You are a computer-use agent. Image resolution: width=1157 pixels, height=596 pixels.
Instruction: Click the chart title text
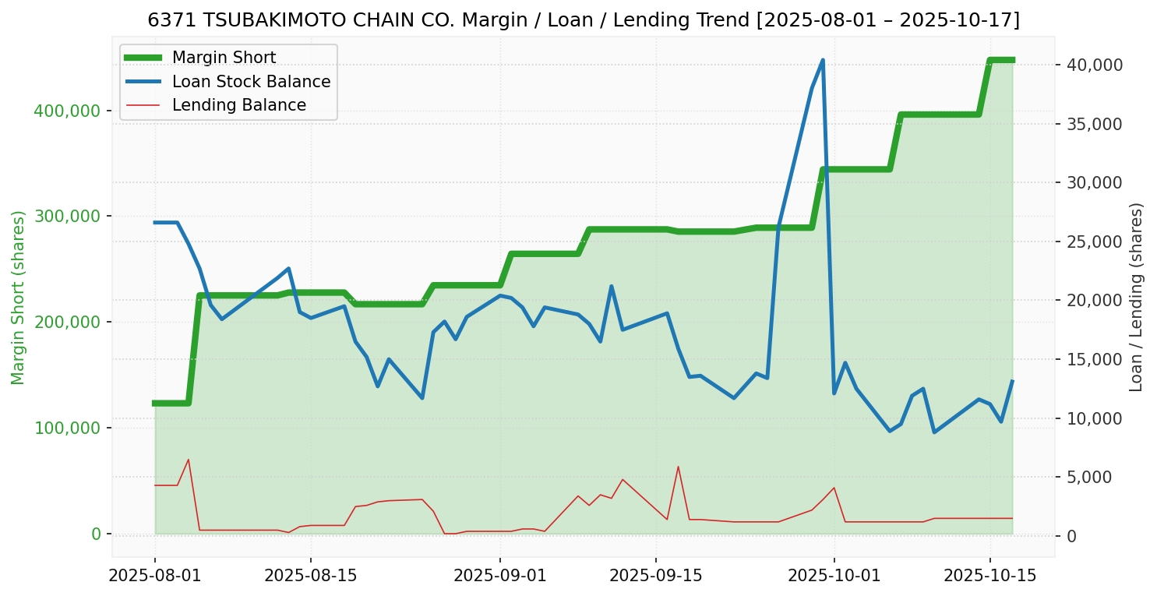point(583,20)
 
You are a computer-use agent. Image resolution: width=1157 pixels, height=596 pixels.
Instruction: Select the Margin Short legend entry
point(224,58)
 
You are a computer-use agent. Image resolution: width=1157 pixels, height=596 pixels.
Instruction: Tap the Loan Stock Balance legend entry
point(251,82)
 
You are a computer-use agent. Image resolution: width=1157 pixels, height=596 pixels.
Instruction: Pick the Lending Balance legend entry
point(238,105)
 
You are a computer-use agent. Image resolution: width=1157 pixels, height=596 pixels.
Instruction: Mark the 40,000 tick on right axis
point(1094,65)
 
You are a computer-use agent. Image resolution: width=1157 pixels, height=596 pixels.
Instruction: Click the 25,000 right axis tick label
point(1094,242)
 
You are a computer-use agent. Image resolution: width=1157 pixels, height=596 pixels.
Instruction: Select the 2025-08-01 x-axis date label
point(155,576)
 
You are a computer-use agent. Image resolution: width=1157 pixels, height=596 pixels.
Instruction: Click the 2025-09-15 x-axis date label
point(655,576)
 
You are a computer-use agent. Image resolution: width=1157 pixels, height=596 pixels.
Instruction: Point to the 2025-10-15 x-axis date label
point(989,576)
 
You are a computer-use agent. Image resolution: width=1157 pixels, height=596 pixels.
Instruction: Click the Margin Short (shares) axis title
point(19,298)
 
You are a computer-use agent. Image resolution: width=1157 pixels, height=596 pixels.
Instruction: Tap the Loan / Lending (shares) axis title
point(1136,298)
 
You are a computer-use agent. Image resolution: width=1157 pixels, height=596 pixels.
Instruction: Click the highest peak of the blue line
point(823,60)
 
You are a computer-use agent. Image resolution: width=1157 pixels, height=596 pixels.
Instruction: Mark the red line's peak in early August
point(189,460)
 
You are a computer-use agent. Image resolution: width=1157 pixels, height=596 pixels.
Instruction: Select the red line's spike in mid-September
point(678,467)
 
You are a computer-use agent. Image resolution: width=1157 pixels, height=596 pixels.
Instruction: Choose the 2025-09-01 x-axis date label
point(499,576)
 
